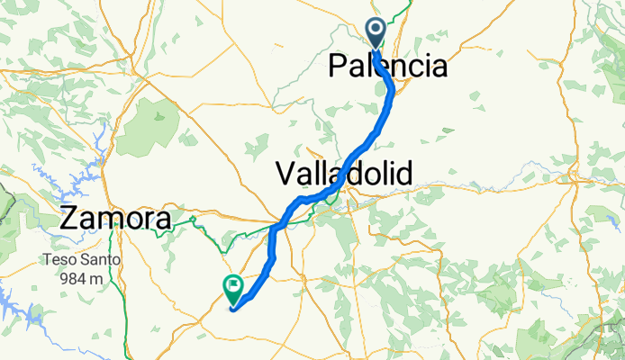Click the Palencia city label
point(387,66)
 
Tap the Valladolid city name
point(343,173)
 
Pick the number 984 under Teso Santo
point(75,278)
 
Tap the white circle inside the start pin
point(376,30)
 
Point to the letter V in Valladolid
point(284,173)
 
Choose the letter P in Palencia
point(339,66)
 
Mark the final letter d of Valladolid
point(403,173)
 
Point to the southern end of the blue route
point(233,310)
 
